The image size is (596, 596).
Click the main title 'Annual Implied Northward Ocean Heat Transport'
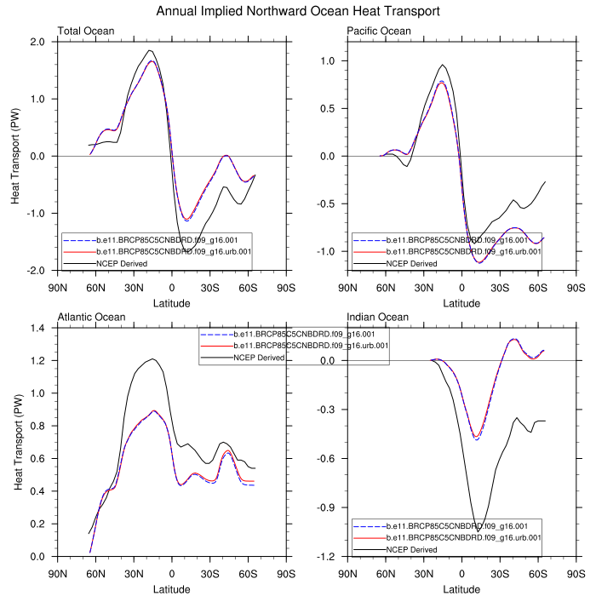pos(298,12)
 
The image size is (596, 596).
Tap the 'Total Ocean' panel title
pos(86,32)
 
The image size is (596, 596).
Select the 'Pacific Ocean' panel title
pos(379,32)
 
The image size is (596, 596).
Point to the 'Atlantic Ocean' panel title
pos(91,318)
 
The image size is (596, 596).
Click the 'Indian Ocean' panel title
pos(376,318)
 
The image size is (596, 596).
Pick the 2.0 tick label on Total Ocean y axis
pos(37,42)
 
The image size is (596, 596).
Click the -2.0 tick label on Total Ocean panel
pos(36,271)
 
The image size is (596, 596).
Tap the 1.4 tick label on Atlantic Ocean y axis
pos(37,328)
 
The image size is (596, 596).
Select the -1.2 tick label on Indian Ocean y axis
pos(325,557)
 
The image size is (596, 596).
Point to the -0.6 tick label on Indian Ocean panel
pos(325,459)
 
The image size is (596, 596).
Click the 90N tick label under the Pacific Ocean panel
pos(348,288)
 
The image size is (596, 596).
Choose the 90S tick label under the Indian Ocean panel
pos(576,574)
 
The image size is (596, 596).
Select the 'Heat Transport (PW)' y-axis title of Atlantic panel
pos(17,442)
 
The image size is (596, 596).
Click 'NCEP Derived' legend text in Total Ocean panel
pos(122,264)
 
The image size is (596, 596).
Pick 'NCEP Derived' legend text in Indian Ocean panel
pos(412,550)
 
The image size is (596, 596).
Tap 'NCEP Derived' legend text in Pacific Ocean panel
pos(412,264)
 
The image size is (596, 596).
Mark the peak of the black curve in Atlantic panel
pos(152,359)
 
